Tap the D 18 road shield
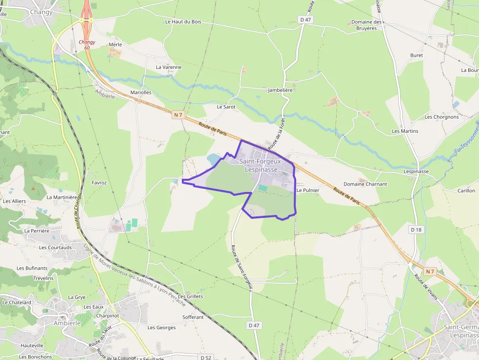pos(416,229)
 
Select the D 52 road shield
pos(206,358)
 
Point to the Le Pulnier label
pos(307,190)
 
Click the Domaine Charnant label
pos(365,184)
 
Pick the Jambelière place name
pos(280,90)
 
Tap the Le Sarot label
pos(226,106)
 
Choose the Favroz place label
pos(99,183)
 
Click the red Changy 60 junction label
pos(87,44)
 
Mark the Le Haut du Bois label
pos(183,21)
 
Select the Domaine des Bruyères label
pos(367,25)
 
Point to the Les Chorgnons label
pos(442,117)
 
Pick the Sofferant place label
pos(193,317)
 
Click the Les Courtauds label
pos(55,247)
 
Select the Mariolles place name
pos(141,92)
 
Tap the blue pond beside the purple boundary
pos(213,159)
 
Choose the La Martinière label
pos(62,197)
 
